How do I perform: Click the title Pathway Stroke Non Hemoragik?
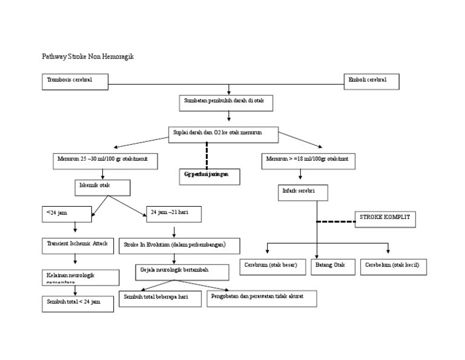pyautogui.click(x=87, y=56)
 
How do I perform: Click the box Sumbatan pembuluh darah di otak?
pyautogui.click(x=226, y=103)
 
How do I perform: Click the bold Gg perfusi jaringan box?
pyautogui.click(x=210, y=176)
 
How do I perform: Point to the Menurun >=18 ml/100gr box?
pyautogui.click(x=308, y=161)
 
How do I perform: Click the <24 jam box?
pyautogui.click(x=67, y=214)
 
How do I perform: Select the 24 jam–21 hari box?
pyautogui.click(x=174, y=214)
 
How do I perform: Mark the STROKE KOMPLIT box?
pyautogui.click(x=385, y=219)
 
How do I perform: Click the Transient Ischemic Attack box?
pyautogui.click(x=77, y=245)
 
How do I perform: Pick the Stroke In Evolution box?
pyautogui.click(x=179, y=245)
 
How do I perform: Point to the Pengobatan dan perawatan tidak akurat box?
pyautogui.click(x=262, y=298)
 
